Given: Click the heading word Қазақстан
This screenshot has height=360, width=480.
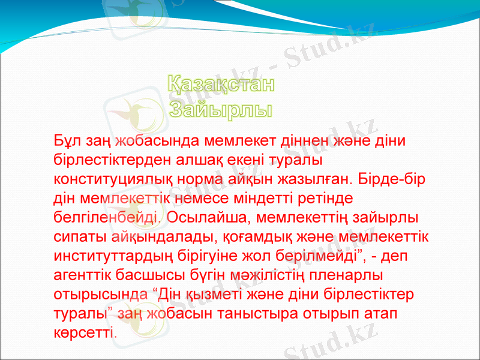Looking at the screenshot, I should pyautogui.click(x=220, y=86).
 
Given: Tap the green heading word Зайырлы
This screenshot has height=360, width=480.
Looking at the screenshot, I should pyautogui.click(x=220, y=110).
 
